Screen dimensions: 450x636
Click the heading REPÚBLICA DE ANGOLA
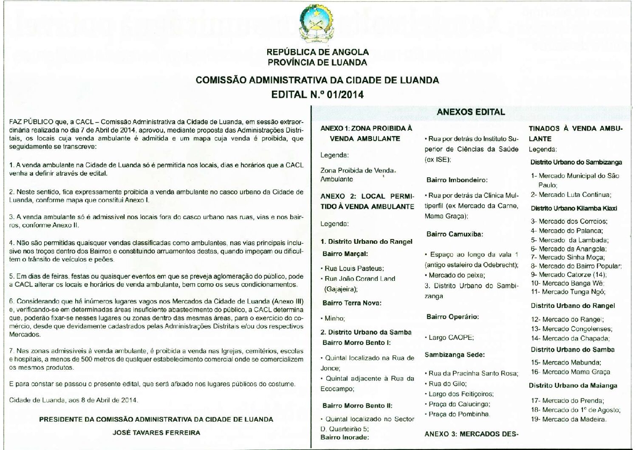click(317, 52)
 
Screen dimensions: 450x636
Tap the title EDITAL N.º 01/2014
click(317, 94)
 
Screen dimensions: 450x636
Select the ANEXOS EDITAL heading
click(471, 112)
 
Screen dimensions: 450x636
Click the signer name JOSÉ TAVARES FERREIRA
click(156, 433)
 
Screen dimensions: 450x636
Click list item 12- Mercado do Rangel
click(567, 319)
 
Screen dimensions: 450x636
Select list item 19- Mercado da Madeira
click(568, 419)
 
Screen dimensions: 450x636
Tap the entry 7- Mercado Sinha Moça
click(568, 257)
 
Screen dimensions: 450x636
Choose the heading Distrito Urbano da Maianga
click(573, 386)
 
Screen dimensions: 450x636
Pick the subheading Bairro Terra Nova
click(352, 303)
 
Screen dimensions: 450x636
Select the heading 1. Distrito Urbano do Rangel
click(366, 242)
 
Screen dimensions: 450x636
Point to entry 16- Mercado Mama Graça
click(570, 372)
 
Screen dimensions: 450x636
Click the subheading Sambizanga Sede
click(455, 355)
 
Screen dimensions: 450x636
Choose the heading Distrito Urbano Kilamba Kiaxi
click(574, 208)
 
